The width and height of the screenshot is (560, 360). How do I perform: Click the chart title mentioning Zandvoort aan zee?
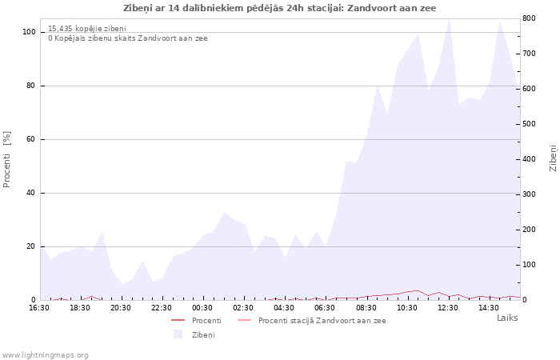click(280, 8)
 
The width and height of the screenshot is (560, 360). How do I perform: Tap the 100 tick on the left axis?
click(29, 32)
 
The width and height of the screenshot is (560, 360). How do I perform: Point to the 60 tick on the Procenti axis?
click(30, 139)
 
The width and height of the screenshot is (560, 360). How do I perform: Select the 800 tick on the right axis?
click(530, 18)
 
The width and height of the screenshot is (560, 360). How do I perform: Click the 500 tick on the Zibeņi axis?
click(530, 124)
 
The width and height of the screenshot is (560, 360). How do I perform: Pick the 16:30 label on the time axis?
click(39, 308)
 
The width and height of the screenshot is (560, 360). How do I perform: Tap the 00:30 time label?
click(202, 308)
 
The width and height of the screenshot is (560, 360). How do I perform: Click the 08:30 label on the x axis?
click(366, 308)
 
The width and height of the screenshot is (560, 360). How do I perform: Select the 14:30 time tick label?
click(489, 308)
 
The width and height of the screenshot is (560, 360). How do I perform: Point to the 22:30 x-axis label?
click(162, 308)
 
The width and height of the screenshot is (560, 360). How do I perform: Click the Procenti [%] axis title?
click(6, 159)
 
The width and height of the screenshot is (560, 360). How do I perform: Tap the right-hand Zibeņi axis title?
click(553, 158)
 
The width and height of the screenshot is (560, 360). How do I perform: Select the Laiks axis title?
click(507, 318)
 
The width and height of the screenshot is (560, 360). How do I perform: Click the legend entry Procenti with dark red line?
click(196, 321)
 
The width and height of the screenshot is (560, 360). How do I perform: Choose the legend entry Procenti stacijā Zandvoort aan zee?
click(311, 321)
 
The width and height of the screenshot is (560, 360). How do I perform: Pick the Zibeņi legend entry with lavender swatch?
click(194, 334)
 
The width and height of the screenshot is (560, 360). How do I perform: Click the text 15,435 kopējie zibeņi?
click(87, 29)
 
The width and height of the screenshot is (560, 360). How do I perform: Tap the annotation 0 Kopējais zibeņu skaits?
click(128, 38)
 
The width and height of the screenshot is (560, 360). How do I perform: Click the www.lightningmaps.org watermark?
click(45, 355)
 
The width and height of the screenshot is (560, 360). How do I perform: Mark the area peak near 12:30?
click(449, 18)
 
